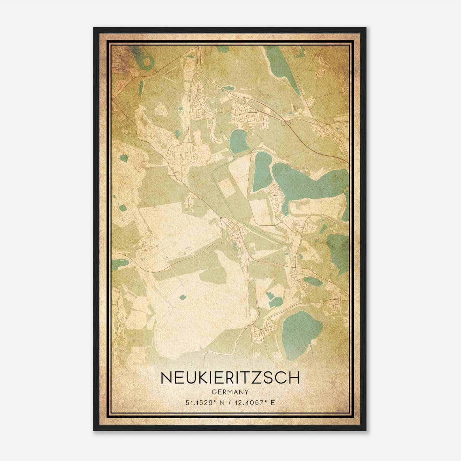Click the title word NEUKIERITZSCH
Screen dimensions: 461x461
(230, 378)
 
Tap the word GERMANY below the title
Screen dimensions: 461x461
(230, 392)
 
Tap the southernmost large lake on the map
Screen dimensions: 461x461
(301, 328)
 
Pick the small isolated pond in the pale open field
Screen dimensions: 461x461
(183, 296)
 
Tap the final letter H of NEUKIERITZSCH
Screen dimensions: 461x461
(294, 378)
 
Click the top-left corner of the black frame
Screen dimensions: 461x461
(94, 28)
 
